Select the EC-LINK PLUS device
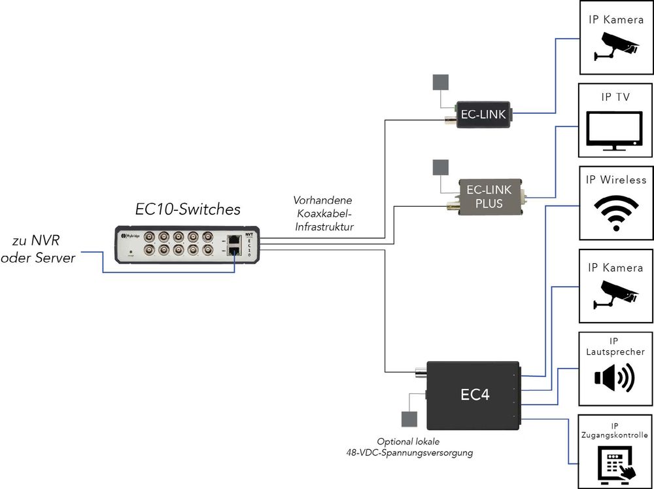pyautogui.click(x=485, y=197)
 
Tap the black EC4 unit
pyautogui.click(x=473, y=395)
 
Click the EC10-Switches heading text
pyautogui.click(x=188, y=209)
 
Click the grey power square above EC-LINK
pyautogui.click(x=440, y=82)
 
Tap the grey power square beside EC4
pyautogui.click(x=409, y=419)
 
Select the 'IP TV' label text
pyautogui.click(x=615, y=97)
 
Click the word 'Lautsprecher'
pyautogui.click(x=615, y=352)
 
